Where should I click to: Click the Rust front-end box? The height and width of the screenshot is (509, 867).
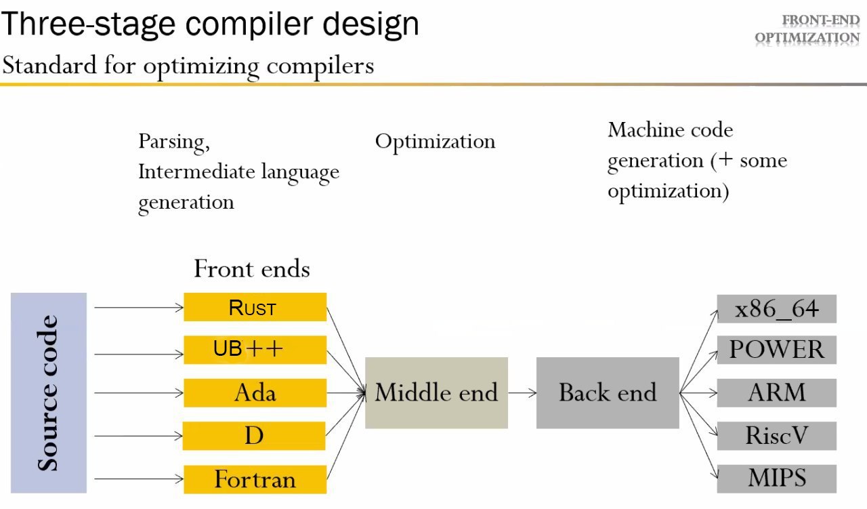click(255, 307)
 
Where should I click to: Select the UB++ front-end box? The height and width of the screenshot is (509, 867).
click(255, 350)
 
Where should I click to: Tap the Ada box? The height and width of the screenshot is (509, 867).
click(255, 393)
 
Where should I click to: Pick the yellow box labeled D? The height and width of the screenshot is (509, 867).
click(254, 436)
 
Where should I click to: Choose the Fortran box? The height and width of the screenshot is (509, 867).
click(255, 480)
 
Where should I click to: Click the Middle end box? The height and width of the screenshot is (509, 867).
click(437, 393)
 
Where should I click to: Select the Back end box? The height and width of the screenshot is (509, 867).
click(608, 393)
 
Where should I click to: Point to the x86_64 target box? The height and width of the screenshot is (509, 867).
click(777, 309)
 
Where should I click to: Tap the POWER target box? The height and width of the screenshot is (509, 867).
click(777, 350)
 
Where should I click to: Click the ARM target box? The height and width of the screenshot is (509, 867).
click(777, 393)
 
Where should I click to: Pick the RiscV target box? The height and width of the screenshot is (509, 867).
click(777, 436)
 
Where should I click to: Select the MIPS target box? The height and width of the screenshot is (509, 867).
click(777, 479)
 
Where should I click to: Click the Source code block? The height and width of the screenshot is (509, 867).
click(49, 393)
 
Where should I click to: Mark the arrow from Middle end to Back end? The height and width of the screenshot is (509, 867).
click(522, 393)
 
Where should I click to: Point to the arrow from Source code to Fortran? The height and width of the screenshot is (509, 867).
click(139, 479)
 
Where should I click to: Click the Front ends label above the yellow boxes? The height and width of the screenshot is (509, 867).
click(252, 268)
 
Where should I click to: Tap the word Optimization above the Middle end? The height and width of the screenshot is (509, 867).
click(436, 142)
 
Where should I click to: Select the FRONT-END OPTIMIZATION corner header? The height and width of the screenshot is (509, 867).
click(807, 29)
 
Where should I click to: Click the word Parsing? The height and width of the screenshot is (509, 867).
click(174, 142)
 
